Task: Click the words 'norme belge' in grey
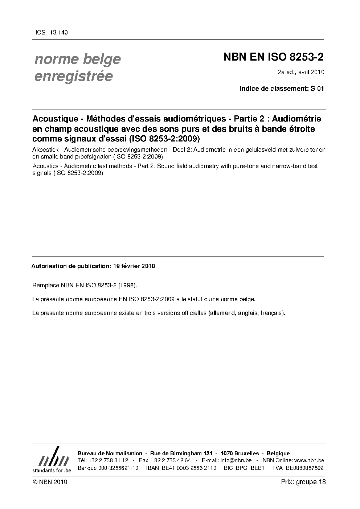[x=77, y=59]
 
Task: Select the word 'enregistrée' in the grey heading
[x=73, y=77]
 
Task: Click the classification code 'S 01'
[x=317, y=88]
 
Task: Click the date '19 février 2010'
[x=134, y=266]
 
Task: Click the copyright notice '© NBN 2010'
[x=50, y=482]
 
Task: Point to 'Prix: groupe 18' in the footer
[x=303, y=482]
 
